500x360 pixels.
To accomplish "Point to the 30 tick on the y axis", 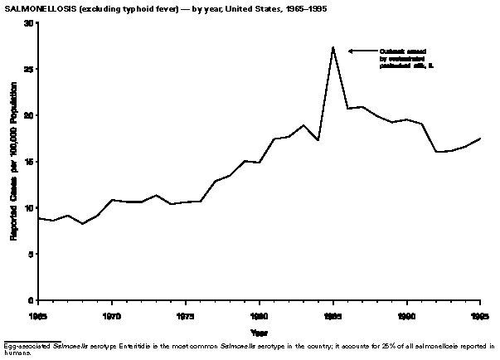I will click(x=27, y=23).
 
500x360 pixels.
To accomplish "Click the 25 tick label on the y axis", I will click(x=27, y=69).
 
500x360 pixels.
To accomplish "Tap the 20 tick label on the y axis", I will click(x=27, y=115).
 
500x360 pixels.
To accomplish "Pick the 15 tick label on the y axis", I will click(x=27, y=162).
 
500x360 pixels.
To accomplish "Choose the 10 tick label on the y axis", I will click(x=27, y=207).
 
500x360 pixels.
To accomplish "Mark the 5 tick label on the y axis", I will click(x=30, y=254).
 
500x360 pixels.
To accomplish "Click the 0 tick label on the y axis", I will click(x=30, y=300).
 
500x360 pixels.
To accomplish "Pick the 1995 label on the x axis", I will click(x=478, y=316).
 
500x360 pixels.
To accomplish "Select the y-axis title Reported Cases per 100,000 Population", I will click(x=13, y=162).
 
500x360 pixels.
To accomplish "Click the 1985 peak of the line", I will click(x=333, y=47).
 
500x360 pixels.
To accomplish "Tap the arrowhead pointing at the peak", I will click(x=351, y=51).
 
